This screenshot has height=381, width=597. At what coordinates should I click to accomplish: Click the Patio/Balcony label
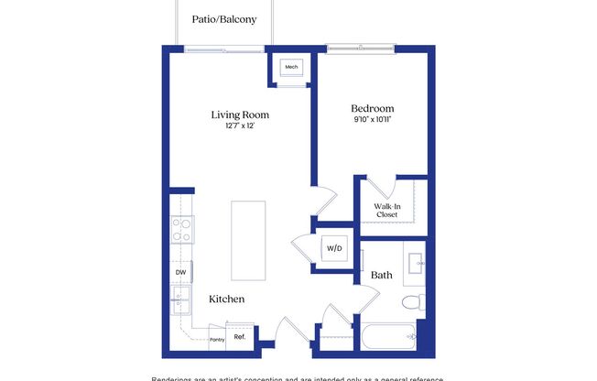(x=224, y=19)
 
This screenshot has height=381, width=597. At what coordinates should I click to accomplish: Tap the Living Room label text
(x=240, y=114)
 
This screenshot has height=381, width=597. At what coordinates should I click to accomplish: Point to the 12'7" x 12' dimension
(x=240, y=126)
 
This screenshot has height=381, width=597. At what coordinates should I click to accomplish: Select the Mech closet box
(x=292, y=68)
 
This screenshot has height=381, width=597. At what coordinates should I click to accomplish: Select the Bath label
(x=382, y=274)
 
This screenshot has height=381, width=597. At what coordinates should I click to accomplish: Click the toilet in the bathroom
(x=413, y=301)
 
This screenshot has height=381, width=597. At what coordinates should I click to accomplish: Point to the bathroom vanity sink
(x=417, y=263)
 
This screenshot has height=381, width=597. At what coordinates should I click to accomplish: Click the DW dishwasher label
(x=179, y=271)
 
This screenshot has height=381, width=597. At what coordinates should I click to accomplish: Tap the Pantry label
(x=216, y=338)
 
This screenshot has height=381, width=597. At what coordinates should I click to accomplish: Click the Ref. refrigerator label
(x=240, y=337)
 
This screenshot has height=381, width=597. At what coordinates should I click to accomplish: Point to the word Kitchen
(x=226, y=299)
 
